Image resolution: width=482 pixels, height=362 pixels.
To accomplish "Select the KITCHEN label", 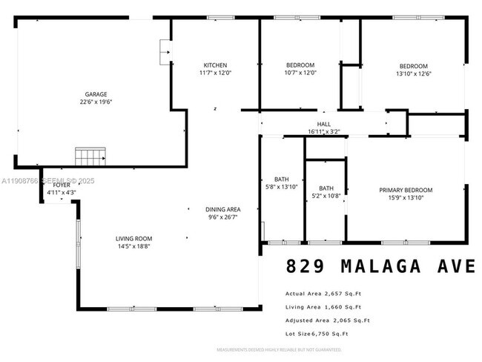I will (215, 65).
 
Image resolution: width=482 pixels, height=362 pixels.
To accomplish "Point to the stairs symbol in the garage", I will (89, 157).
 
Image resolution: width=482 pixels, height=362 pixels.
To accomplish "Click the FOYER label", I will (62, 185).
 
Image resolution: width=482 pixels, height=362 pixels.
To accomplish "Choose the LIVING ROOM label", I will (133, 238).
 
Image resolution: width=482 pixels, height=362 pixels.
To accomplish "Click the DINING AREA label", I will (223, 209).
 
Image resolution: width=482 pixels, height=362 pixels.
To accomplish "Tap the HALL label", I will (323, 125).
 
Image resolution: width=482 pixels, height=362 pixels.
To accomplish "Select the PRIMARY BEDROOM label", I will (406, 190).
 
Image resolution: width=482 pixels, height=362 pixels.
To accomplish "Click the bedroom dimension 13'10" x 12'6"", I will (413, 73).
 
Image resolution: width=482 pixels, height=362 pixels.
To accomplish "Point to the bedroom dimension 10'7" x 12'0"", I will (300, 73).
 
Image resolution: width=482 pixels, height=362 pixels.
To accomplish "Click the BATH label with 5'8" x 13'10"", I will (281, 180).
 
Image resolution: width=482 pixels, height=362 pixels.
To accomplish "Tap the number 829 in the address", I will (306, 266).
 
